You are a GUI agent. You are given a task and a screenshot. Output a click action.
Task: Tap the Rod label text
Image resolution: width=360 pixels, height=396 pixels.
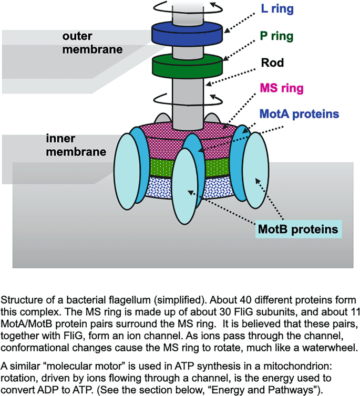[x=272, y=63]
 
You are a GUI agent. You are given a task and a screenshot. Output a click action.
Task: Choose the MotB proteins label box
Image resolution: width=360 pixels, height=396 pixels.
[x=297, y=230]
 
